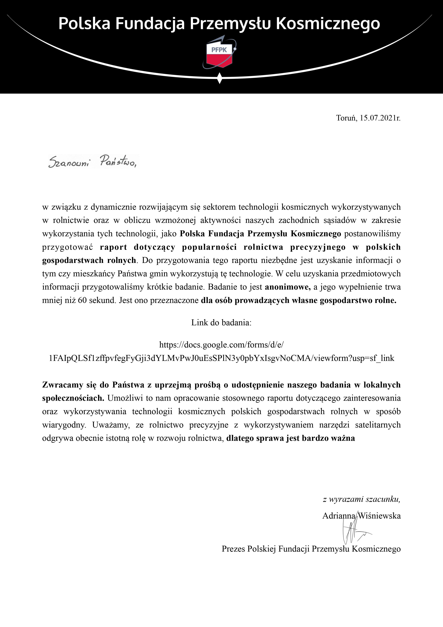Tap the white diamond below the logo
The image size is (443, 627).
point(220,78)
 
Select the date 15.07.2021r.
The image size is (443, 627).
point(380,118)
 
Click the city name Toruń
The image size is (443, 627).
point(346,118)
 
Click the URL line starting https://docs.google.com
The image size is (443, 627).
point(221,345)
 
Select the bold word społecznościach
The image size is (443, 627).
point(73,398)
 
